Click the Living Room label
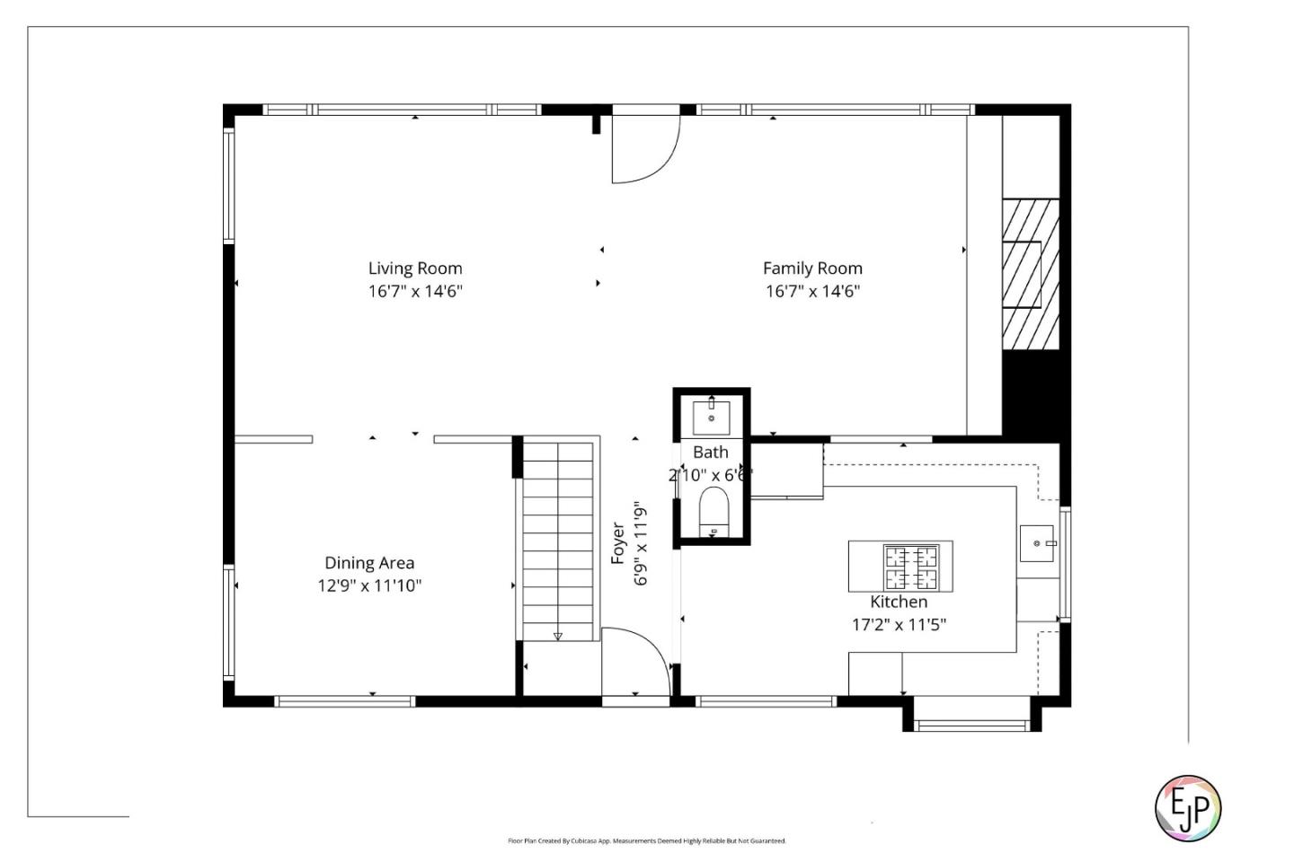[x=415, y=268]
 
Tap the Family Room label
[x=812, y=268]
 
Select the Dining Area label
[x=369, y=563]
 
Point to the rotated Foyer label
[x=618, y=543]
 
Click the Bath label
[x=710, y=453]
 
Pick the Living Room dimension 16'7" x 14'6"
[x=415, y=291]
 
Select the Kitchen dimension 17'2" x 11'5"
[x=899, y=625]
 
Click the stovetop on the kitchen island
[x=910, y=567]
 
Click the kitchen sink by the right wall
[x=1037, y=544]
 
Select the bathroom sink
[x=711, y=418]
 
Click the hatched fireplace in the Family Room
[x=1030, y=274]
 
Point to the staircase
[x=558, y=539]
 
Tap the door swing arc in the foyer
[x=636, y=660]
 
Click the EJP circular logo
[x=1187, y=808]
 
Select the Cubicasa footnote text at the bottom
[x=647, y=841]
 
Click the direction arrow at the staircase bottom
[x=558, y=637]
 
